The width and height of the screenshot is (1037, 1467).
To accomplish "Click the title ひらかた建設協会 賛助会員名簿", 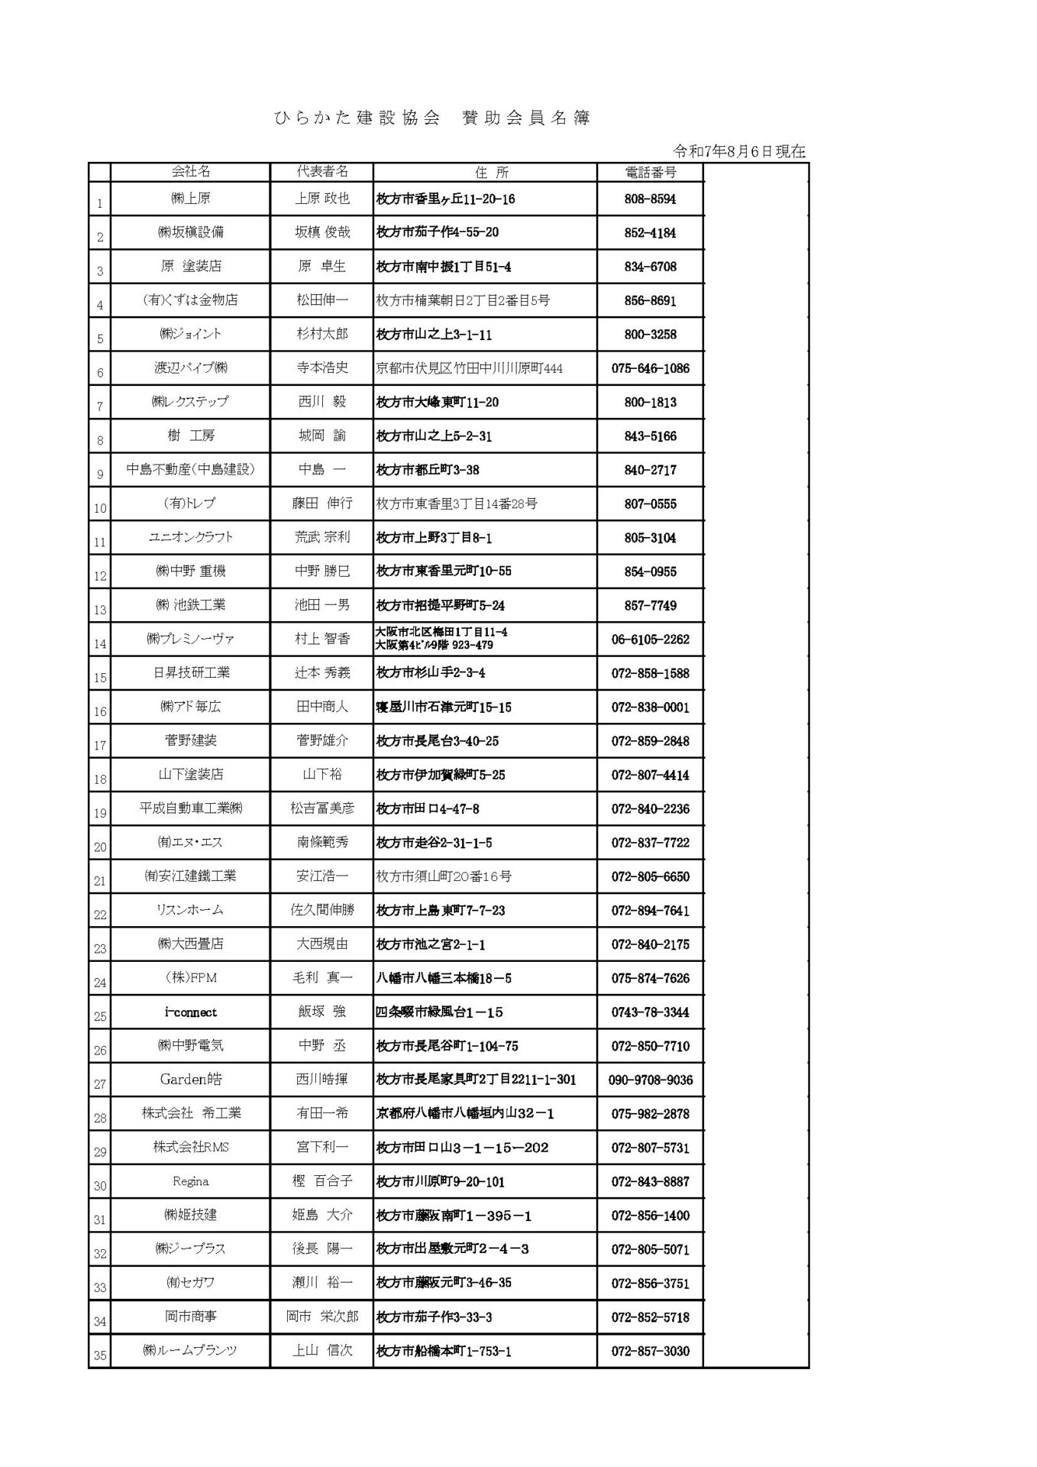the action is [432, 118].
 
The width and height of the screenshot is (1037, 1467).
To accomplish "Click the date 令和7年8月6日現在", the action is [739, 151].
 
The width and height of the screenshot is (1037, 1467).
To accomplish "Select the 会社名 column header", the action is [191, 172].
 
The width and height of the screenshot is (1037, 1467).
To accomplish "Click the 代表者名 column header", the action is [322, 172].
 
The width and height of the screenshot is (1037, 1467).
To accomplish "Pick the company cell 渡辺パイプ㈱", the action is [191, 368].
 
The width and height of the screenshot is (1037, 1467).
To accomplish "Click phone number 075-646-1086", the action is [650, 368].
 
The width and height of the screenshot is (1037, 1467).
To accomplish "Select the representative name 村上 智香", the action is [322, 639].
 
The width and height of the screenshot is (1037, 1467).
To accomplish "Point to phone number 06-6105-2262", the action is [650, 640].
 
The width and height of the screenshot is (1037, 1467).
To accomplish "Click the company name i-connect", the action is [191, 1012].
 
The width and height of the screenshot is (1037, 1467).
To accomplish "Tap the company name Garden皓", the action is [191, 1080].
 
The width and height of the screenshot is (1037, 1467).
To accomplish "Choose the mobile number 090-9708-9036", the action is [650, 1080].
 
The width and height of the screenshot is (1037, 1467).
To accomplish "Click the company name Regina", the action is [191, 1181].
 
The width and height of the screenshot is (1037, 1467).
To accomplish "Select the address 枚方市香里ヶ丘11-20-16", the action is [446, 199].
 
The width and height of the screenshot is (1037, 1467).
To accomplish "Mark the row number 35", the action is [100, 1356].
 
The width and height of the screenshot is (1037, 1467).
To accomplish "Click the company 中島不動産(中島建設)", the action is [191, 470].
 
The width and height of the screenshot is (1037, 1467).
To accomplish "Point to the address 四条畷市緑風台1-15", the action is [440, 1012].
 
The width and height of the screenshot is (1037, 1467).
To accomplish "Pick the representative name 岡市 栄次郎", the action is [322, 1316].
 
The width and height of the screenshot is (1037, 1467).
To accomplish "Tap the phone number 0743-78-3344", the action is [650, 1012].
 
